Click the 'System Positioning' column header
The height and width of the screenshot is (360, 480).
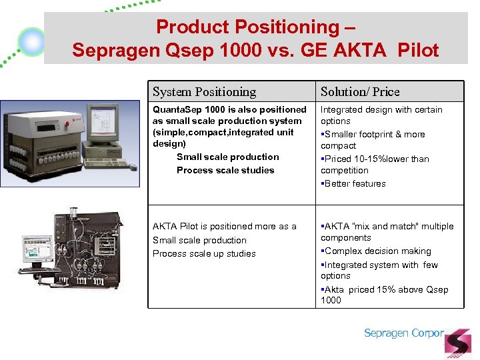(x=204, y=92)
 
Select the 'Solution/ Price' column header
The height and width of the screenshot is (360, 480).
(x=360, y=92)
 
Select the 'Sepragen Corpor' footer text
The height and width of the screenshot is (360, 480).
(x=403, y=333)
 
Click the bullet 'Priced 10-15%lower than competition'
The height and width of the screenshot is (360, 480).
(x=375, y=165)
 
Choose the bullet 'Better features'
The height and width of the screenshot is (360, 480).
(x=355, y=183)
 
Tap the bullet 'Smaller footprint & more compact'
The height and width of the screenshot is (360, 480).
(x=373, y=140)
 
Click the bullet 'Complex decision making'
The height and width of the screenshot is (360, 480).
(x=377, y=251)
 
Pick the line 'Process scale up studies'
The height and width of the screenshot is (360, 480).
(x=204, y=253)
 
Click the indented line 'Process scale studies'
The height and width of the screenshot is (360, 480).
(x=225, y=170)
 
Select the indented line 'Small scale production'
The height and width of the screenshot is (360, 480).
(x=227, y=157)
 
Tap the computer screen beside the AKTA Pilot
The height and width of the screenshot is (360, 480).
(x=37, y=248)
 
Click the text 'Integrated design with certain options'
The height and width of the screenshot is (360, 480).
(x=381, y=115)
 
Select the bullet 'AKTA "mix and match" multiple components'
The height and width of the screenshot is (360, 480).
(x=387, y=232)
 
